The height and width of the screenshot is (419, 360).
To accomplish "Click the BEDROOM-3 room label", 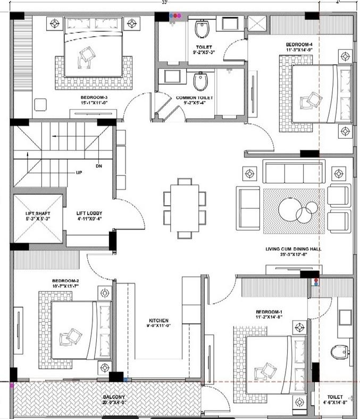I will (94, 97).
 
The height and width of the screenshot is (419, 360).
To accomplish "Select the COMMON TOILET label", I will (195, 98).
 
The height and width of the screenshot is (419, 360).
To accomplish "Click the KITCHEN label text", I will (158, 321).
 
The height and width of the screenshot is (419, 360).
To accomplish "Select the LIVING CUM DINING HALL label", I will (293, 249).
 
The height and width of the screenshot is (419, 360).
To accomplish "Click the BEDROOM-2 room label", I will (65, 281).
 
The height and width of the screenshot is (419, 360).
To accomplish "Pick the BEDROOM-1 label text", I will (270, 311).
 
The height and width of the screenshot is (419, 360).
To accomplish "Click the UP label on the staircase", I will (79, 173).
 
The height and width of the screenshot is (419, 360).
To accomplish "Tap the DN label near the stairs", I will (98, 166).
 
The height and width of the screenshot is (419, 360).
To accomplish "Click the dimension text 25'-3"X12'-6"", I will (293, 256).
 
